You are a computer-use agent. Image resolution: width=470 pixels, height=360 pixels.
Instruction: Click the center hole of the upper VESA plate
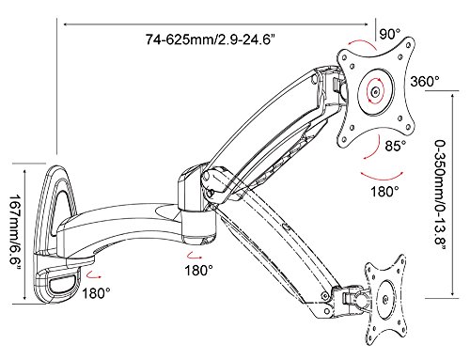[375, 92]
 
